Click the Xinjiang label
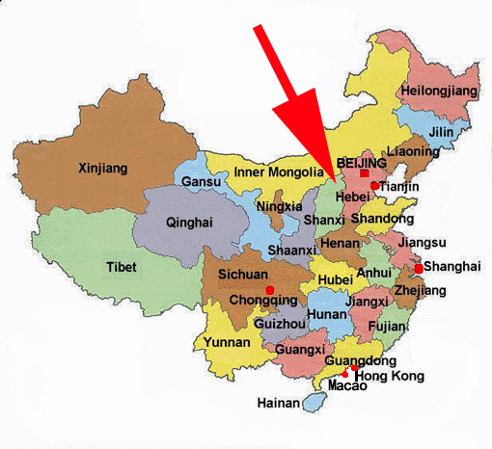click(101, 169)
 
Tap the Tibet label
click(122, 267)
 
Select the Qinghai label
click(189, 221)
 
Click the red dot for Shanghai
click(419, 268)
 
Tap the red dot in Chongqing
click(270, 289)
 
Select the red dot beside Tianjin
click(373, 186)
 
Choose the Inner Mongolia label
click(279, 173)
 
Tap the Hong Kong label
click(390, 375)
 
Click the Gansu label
click(201, 182)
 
